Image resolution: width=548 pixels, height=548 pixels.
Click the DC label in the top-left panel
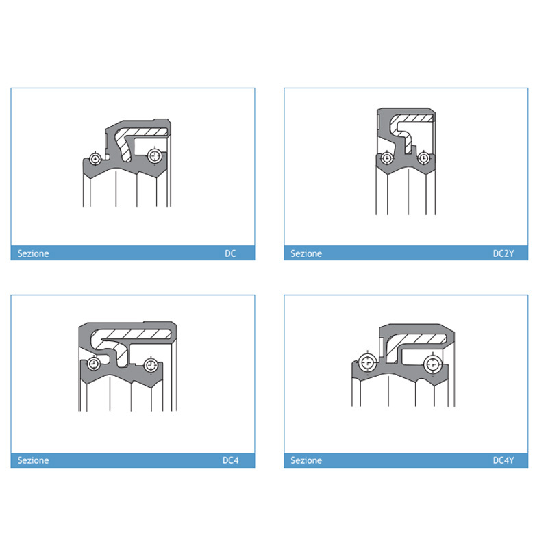tap(230, 253)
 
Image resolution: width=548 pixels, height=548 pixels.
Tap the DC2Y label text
tap(503, 253)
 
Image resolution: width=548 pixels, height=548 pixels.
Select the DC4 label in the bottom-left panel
tap(231, 460)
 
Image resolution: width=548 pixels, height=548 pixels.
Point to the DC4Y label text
tap(503, 460)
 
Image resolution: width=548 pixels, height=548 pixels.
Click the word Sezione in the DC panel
tap(33, 253)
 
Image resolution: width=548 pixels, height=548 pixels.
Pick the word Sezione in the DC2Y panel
tap(306, 253)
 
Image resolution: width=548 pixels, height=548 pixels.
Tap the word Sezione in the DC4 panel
tap(33, 460)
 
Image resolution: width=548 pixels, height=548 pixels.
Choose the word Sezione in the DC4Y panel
tap(306, 460)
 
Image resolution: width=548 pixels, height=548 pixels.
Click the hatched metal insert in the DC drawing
tap(140, 132)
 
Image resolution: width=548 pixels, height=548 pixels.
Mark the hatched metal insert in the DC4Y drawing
tap(416, 338)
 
